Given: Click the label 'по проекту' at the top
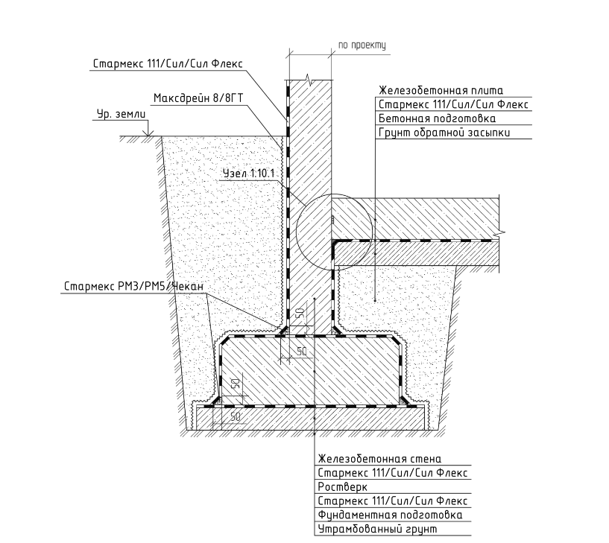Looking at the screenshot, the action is pos(362,45).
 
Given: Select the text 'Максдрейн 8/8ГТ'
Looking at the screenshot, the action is pos(198,98).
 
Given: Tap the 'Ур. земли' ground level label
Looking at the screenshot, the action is pos(122,114).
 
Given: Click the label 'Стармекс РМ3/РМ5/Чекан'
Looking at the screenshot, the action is pos(133,287).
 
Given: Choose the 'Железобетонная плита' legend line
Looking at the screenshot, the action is pos(441,90).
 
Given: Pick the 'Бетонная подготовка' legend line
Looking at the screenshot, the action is pos(437,118).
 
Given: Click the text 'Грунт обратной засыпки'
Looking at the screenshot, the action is pos(444,133).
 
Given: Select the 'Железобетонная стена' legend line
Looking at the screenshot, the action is pos(379,459).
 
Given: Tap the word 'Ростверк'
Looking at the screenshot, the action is pos(342,486).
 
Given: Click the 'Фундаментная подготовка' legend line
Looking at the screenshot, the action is pos(390,515).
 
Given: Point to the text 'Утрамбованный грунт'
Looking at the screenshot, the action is pos(377,529).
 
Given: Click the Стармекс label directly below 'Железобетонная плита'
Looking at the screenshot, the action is pos(453,104).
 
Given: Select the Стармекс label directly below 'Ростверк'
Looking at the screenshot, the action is pos(392,501).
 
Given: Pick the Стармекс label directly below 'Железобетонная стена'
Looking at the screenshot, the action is pos(392,473).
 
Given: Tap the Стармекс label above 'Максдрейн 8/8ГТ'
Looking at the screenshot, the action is pos(168,63).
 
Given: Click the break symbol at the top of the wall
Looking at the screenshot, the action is pos(309,80).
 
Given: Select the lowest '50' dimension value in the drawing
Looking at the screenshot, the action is pos(236,417).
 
